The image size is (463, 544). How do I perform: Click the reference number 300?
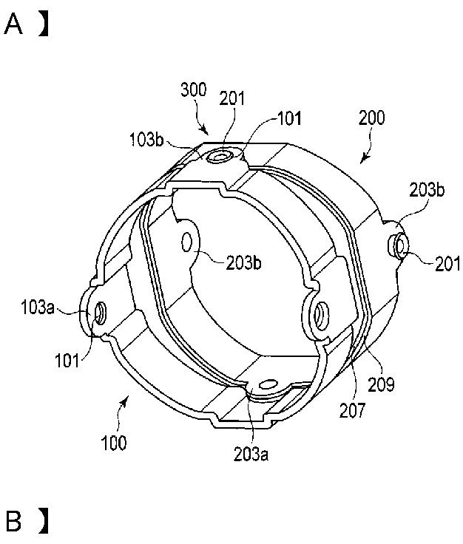(x=193, y=89)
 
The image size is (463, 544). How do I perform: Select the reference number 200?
(x=372, y=118)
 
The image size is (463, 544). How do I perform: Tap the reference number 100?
(x=114, y=443)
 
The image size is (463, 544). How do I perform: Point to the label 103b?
(x=146, y=140)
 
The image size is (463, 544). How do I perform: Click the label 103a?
(x=38, y=307)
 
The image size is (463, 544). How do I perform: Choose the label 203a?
(x=251, y=454)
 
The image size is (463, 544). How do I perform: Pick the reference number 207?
(x=352, y=410)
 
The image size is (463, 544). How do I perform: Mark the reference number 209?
(x=381, y=384)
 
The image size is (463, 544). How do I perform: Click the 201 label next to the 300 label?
(x=231, y=98)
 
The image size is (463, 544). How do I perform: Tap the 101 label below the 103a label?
(x=67, y=361)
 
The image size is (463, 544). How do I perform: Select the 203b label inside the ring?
(x=243, y=262)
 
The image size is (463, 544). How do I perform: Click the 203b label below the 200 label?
(x=427, y=190)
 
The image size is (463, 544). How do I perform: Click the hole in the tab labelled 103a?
(x=101, y=313)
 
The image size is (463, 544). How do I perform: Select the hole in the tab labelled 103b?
(x=220, y=157)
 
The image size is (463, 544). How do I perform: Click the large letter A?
(x=13, y=24)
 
